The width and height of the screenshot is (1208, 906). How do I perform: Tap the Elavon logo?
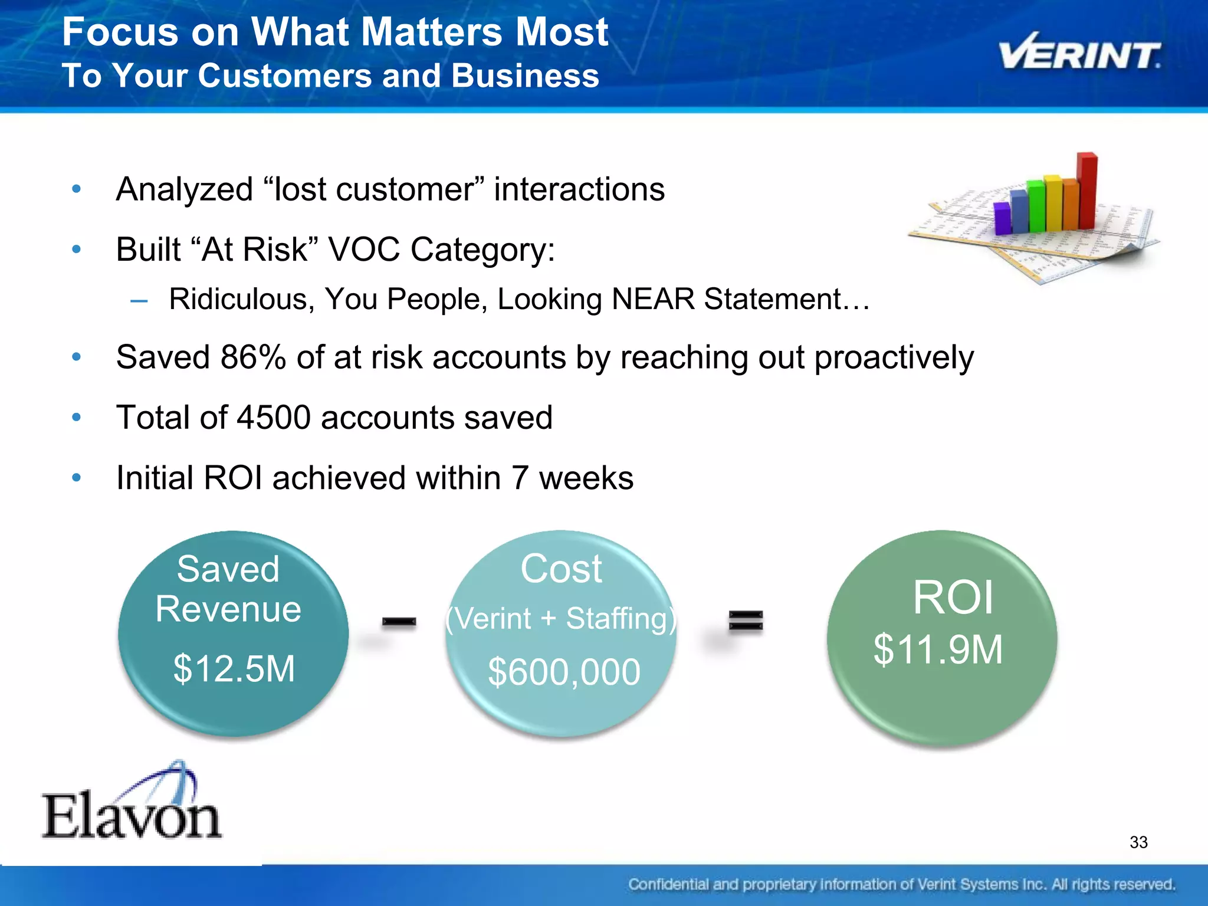(x=131, y=805)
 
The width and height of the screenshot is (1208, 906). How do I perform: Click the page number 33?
(x=1138, y=842)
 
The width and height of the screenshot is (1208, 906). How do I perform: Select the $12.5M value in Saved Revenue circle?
(x=234, y=669)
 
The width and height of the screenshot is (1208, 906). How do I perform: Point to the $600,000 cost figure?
(x=564, y=672)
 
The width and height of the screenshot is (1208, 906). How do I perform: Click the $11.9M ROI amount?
(x=938, y=650)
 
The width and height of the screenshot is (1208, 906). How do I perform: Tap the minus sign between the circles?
(x=399, y=622)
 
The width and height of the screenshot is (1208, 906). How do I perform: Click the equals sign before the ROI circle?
(x=746, y=622)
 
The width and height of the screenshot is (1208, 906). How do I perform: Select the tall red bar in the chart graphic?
(x=1087, y=191)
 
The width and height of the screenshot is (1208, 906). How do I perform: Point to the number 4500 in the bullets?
(x=273, y=418)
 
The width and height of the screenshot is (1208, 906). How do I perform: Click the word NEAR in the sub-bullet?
(x=653, y=299)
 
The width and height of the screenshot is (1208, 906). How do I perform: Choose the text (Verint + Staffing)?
(x=561, y=619)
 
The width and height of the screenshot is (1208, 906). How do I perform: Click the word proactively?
(x=894, y=357)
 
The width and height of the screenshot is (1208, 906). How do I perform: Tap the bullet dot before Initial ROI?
(x=76, y=477)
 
